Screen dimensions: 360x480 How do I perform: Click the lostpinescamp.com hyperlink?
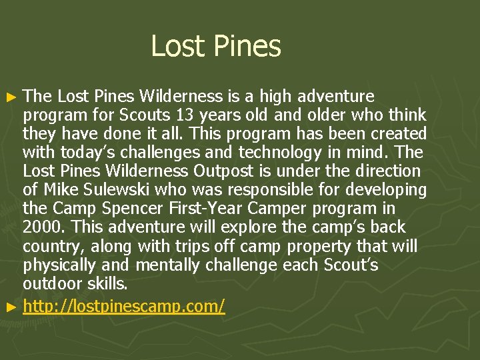[124, 306]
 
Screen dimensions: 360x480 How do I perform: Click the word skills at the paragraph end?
[106, 283]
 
